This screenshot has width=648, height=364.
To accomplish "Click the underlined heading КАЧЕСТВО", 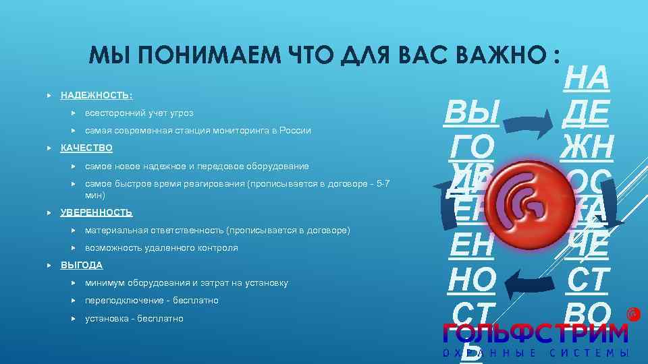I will pyautogui.click(x=86, y=148).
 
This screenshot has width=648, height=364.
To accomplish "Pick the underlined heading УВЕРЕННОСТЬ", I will pyautogui.click(x=97, y=213).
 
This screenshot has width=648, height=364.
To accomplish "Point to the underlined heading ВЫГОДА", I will pyautogui.click(x=82, y=266).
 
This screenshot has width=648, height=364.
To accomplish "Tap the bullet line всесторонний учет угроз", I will pyautogui.click(x=138, y=113).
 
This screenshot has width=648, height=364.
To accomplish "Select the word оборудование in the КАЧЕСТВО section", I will pyautogui.click(x=276, y=166).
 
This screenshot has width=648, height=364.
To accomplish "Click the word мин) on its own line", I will pyautogui.click(x=94, y=195).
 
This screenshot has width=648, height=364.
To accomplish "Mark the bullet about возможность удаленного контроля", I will pyautogui.click(x=161, y=248).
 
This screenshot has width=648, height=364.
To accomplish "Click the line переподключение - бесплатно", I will pyautogui.click(x=151, y=301).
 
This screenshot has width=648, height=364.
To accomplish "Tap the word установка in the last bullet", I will pyautogui.click(x=105, y=319).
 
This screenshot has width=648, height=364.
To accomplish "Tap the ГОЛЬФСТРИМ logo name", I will pyautogui.click(x=535, y=333).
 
